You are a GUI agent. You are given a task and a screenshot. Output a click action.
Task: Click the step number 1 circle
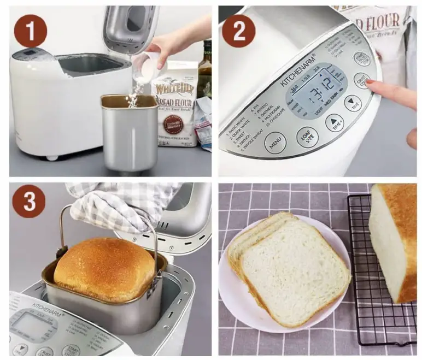pyautogui.click(x=30, y=31)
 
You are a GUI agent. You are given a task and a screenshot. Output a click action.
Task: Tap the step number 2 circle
pyautogui.click(x=239, y=31)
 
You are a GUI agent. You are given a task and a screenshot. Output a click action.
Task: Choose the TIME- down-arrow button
pyautogui.click(x=353, y=103)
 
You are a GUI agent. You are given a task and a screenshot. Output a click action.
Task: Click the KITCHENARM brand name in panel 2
pyautogui.click(x=298, y=70)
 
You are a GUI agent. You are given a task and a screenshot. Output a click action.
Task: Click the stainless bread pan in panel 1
pyautogui.click(x=129, y=134)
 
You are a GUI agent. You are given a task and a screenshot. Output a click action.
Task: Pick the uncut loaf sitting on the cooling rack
pyautogui.click(x=394, y=240)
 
